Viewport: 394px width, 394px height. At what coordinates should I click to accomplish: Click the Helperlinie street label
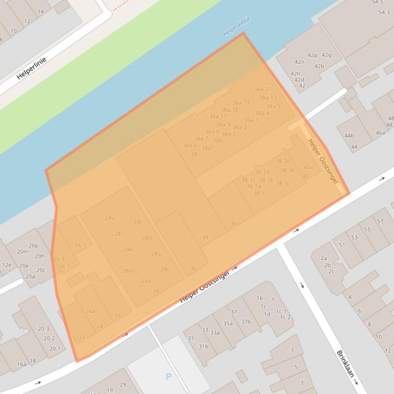click(31, 68)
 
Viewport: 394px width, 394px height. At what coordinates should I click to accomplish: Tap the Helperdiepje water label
click(237, 27)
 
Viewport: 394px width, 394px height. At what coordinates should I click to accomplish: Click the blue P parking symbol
click(169, 377)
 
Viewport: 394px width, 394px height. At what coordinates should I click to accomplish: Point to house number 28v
click(110, 218)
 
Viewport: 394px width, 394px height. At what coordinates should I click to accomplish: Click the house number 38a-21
click(262, 89)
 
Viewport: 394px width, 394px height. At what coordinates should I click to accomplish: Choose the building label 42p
click(313, 55)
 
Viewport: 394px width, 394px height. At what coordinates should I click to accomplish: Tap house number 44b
click(349, 136)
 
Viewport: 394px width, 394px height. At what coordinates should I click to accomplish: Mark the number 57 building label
click(380, 221)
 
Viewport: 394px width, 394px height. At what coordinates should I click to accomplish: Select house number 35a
click(228, 323)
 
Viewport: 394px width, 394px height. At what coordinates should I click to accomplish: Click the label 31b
click(203, 346)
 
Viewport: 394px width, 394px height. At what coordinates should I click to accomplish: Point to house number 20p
click(33, 246)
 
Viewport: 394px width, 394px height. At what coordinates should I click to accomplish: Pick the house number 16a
click(22, 364)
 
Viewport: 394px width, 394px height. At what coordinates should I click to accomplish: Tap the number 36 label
click(234, 224)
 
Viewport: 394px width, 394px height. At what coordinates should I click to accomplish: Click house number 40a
click(308, 167)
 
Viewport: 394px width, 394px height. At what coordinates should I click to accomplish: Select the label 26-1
click(80, 245)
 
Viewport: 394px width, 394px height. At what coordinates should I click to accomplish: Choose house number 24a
click(90, 311)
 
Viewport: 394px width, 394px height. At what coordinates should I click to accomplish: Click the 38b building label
click(218, 141)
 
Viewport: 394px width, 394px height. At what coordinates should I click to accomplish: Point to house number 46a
click(380, 133)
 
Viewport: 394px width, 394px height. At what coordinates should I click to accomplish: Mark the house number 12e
click(6, 265)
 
